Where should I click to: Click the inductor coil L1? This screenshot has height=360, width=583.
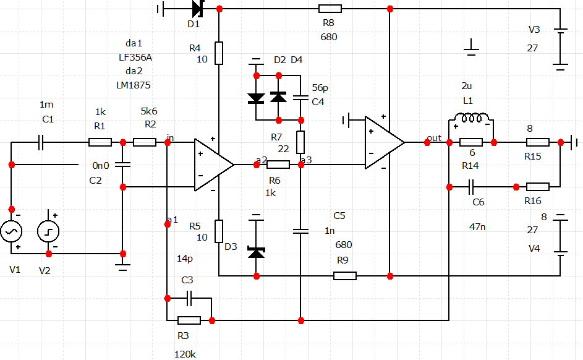tap(471, 118)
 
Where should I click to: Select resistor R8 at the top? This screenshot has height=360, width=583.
tap(330, 9)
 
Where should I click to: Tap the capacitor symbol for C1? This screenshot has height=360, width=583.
tap(41, 142)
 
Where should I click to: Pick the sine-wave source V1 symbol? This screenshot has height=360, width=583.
tap(11, 231)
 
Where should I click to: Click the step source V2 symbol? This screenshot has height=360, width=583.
tap(48, 231)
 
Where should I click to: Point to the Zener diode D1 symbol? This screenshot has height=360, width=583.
tap(198, 9)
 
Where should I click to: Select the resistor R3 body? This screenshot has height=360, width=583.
tap(189, 320)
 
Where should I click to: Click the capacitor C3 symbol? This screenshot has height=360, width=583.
tap(189, 298)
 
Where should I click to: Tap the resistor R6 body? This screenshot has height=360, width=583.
tap(278, 165)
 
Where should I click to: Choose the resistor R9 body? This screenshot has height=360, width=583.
tap(345, 276)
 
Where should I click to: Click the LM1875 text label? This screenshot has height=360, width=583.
tap(134, 85)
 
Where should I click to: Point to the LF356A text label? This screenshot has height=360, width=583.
tap(135, 58)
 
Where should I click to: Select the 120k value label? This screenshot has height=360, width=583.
tap(185, 354)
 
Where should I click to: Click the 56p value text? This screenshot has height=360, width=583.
tap(320, 88)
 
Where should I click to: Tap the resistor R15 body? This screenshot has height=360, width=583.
tap(538, 142)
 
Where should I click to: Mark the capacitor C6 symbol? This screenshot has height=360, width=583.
tap(471, 187)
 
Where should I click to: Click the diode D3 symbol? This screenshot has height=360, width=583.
tap(256, 253)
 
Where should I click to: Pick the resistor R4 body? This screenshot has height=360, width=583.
tap(219, 53)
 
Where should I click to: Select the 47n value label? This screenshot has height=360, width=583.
tap(477, 227)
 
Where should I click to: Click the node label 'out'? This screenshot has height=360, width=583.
tap(434, 138)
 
